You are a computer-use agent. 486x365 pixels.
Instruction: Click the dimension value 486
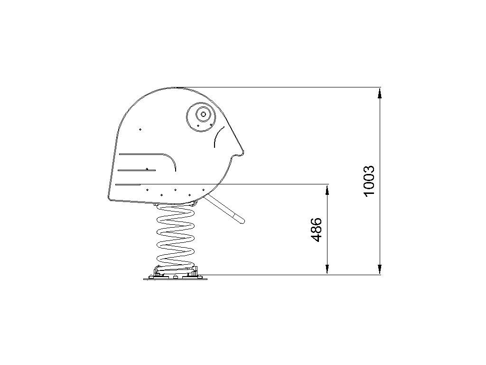click(317, 230)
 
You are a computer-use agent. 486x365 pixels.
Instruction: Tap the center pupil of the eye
click(203, 114)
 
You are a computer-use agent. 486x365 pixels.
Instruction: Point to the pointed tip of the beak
click(243, 153)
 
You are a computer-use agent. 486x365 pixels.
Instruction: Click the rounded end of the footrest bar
click(242, 221)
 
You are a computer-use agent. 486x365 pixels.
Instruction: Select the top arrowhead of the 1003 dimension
click(380, 93)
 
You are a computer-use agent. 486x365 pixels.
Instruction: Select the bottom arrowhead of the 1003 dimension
click(380, 269)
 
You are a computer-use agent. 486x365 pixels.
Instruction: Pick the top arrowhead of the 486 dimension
click(327, 190)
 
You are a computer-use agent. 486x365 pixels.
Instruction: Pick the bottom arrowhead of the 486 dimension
click(327, 269)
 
